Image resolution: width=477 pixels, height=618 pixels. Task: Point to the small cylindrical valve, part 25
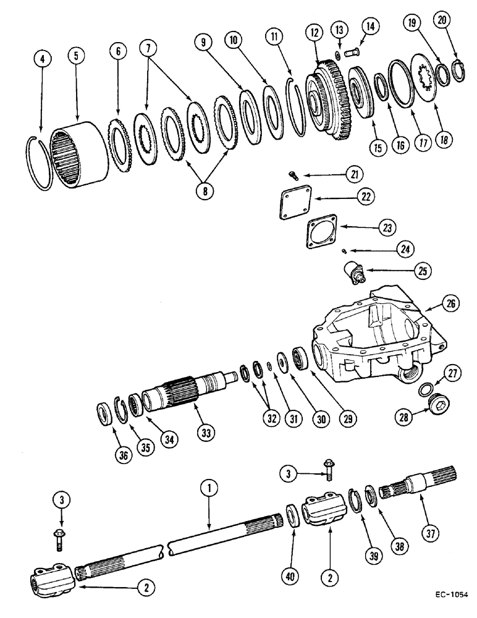coord(355,273)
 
